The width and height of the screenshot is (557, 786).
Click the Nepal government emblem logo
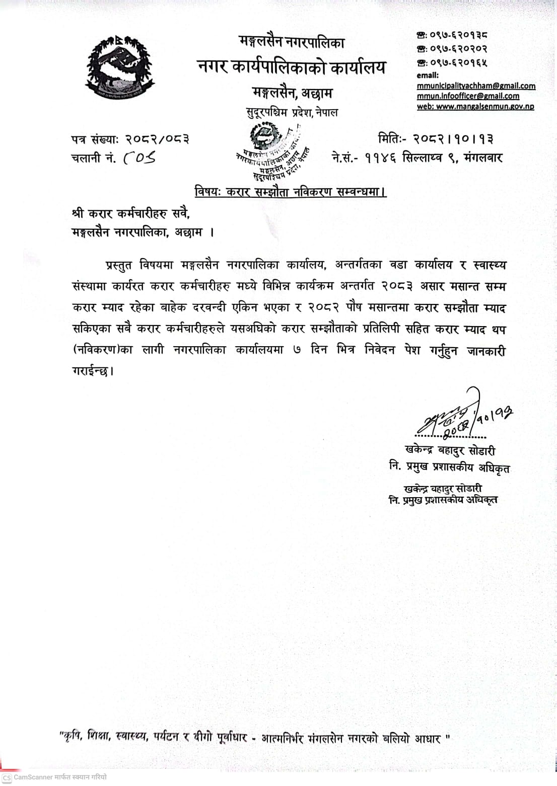119,68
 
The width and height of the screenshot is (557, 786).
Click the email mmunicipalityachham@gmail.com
476,86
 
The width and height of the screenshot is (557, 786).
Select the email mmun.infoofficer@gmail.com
468,96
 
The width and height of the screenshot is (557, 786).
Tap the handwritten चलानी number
139,158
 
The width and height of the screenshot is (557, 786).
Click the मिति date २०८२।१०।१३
453,138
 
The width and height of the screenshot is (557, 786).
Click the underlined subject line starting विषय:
291,192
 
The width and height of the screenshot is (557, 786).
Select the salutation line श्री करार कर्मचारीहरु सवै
131,214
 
